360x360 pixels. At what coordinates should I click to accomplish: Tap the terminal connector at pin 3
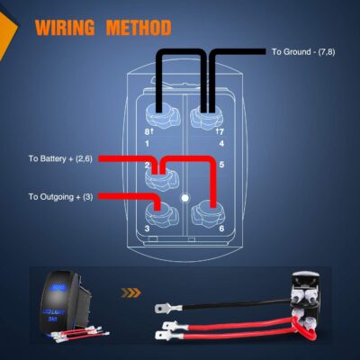pos(159,213)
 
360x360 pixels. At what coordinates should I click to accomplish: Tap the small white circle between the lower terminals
pos(184,195)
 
